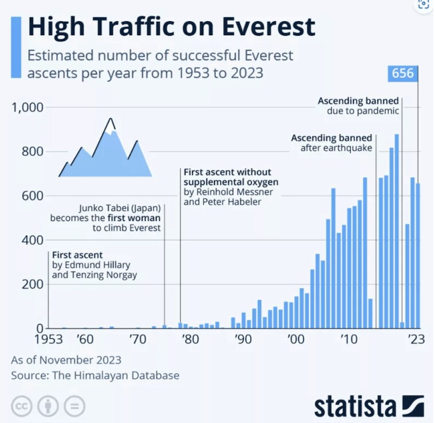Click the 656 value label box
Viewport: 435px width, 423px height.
click(x=403, y=73)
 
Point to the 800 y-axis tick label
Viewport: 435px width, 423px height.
click(x=33, y=152)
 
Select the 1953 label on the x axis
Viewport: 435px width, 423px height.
click(x=49, y=339)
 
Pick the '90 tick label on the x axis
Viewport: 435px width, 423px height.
click(x=243, y=339)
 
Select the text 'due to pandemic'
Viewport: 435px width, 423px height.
click(x=363, y=111)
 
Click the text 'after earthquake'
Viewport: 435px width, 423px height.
click(x=337, y=148)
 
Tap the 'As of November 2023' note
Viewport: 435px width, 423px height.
click(x=66, y=360)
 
